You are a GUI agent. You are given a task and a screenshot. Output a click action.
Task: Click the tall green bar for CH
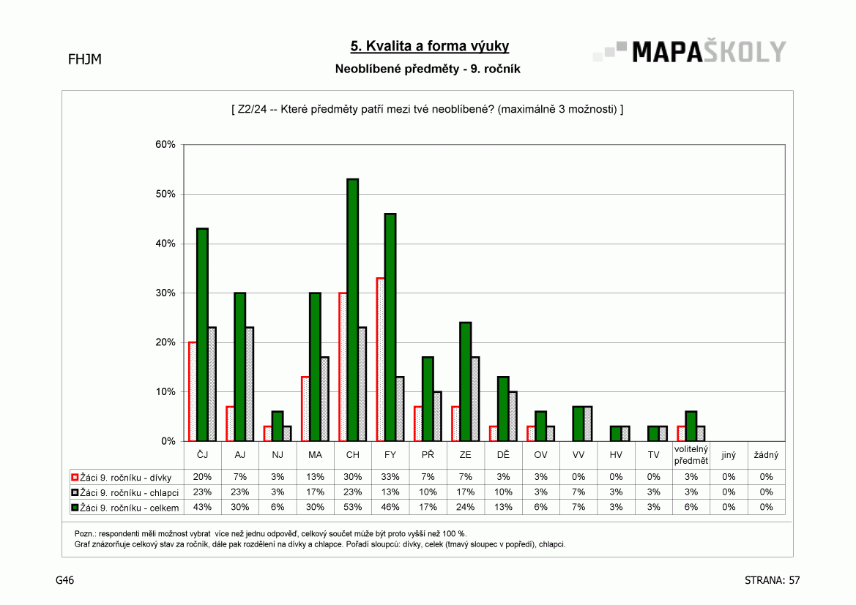(x=353, y=310)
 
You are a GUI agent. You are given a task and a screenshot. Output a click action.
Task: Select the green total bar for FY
(x=390, y=327)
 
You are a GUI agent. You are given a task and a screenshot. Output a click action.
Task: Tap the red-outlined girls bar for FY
(x=381, y=359)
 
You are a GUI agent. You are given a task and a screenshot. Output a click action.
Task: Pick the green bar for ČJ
(x=203, y=334)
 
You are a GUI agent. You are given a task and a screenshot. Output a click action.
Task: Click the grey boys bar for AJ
(x=250, y=384)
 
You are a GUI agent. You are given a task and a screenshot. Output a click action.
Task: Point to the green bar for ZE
(x=466, y=382)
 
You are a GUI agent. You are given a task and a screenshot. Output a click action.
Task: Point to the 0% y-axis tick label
(x=168, y=441)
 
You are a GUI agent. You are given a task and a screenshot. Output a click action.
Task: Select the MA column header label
(x=315, y=455)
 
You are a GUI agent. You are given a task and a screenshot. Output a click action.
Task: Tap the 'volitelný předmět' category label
(x=691, y=455)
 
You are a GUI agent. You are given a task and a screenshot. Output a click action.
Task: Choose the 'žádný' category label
(x=766, y=455)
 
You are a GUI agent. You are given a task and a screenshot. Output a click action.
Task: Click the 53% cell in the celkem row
(x=353, y=507)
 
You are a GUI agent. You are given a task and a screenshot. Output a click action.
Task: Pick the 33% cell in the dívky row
(x=390, y=477)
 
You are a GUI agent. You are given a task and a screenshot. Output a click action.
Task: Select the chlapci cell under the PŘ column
(x=428, y=492)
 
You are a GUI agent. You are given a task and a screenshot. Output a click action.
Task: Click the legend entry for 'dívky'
(x=122, y=478)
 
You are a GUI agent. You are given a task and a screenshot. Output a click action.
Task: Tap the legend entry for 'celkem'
(x=125, y=508)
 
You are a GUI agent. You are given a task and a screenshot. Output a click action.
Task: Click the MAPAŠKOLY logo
(x=690, y=51)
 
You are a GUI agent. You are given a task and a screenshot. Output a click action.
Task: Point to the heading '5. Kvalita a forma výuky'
(x=430, y=46)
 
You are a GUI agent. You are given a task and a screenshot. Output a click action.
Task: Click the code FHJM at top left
(x=85, y=59)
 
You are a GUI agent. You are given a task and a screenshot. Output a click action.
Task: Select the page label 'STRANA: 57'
(x=772, y=580)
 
